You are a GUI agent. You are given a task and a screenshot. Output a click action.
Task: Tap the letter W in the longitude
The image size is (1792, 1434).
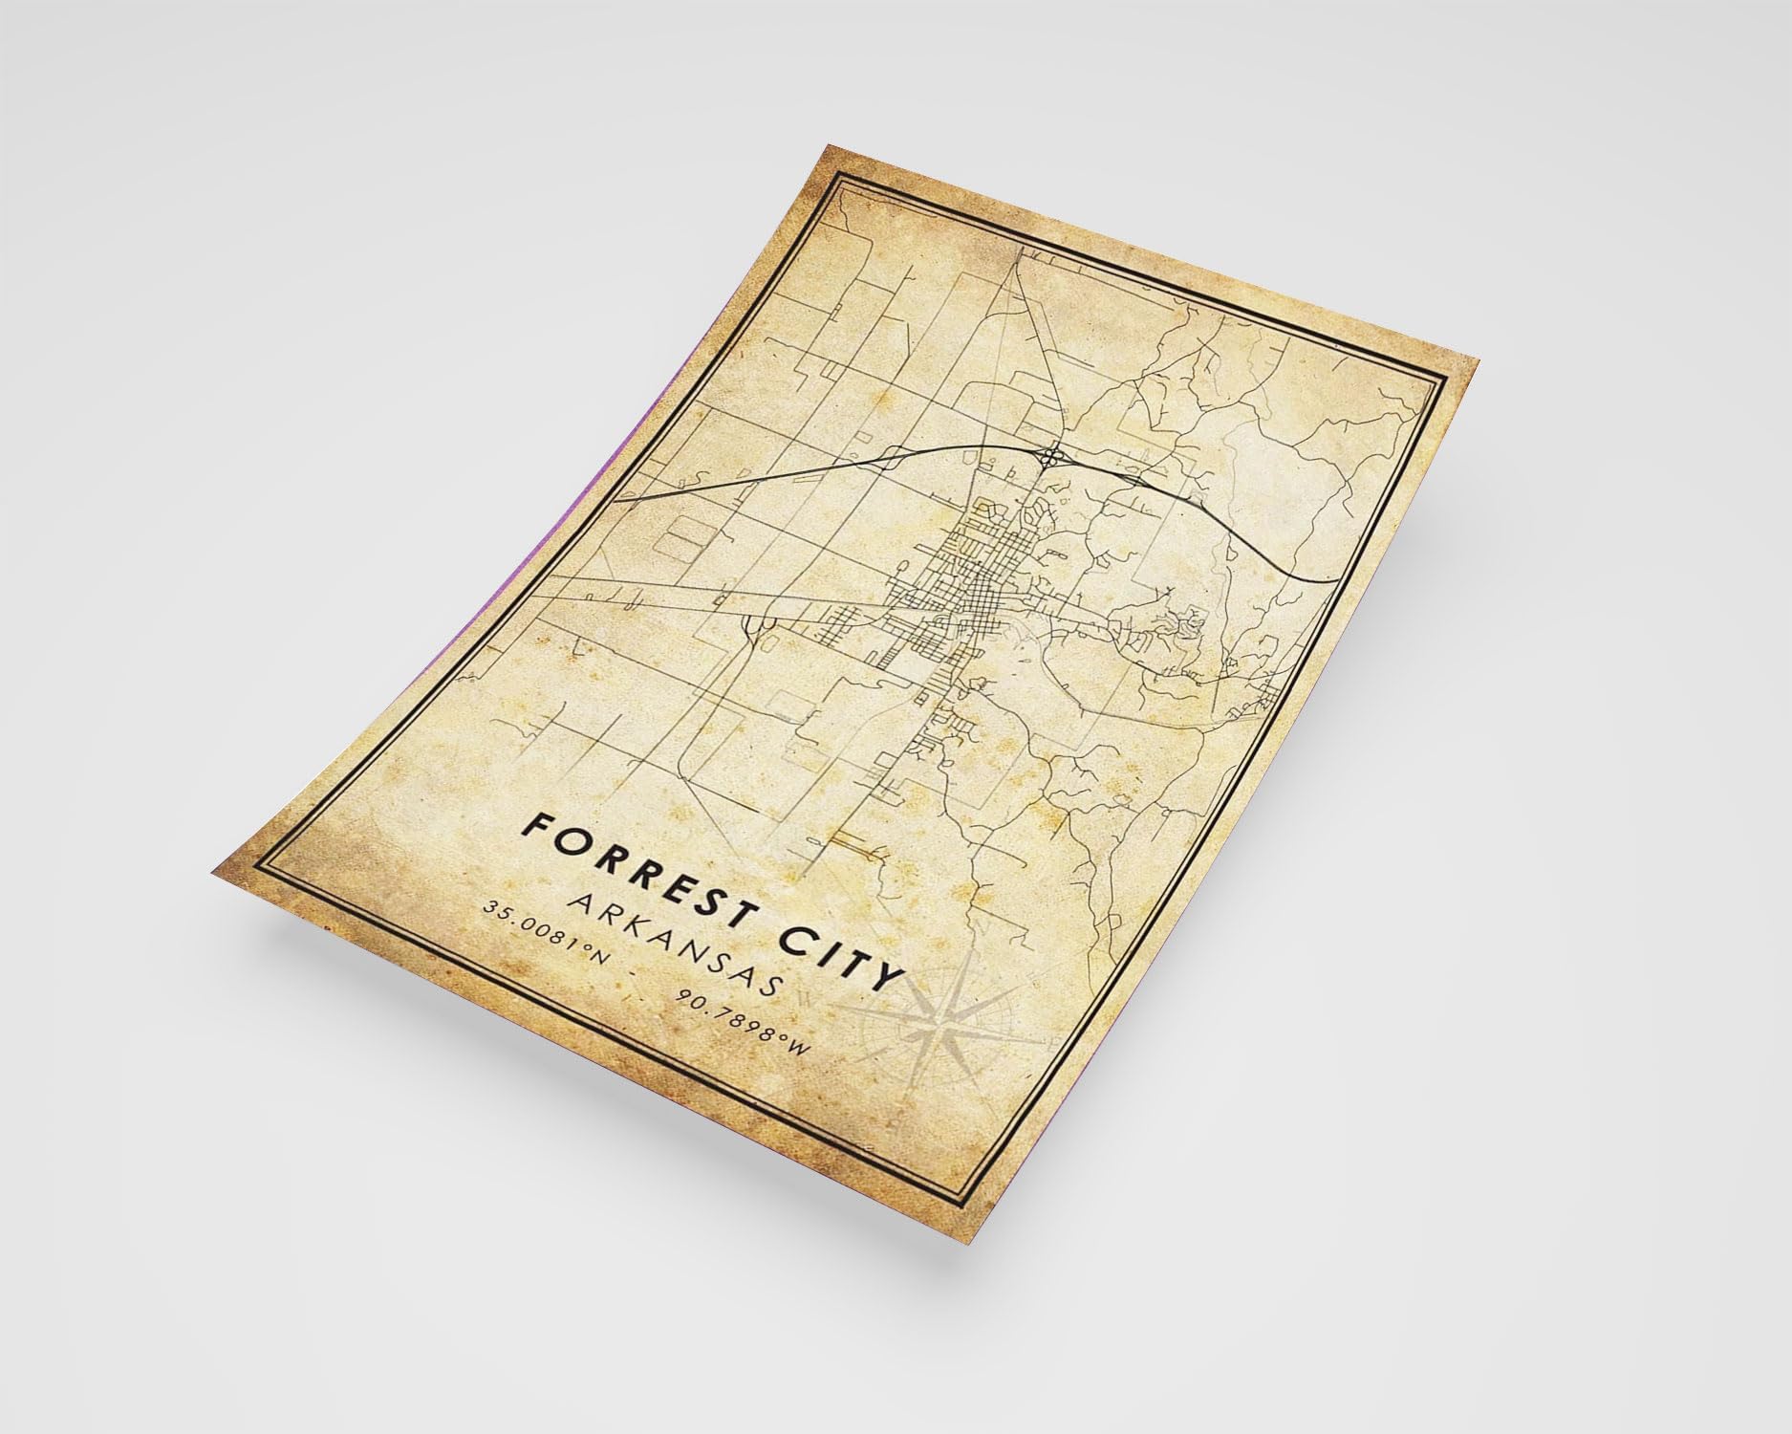(801, 1054)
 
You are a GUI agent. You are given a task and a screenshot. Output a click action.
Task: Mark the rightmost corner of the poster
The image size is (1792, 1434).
(1478, 364)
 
